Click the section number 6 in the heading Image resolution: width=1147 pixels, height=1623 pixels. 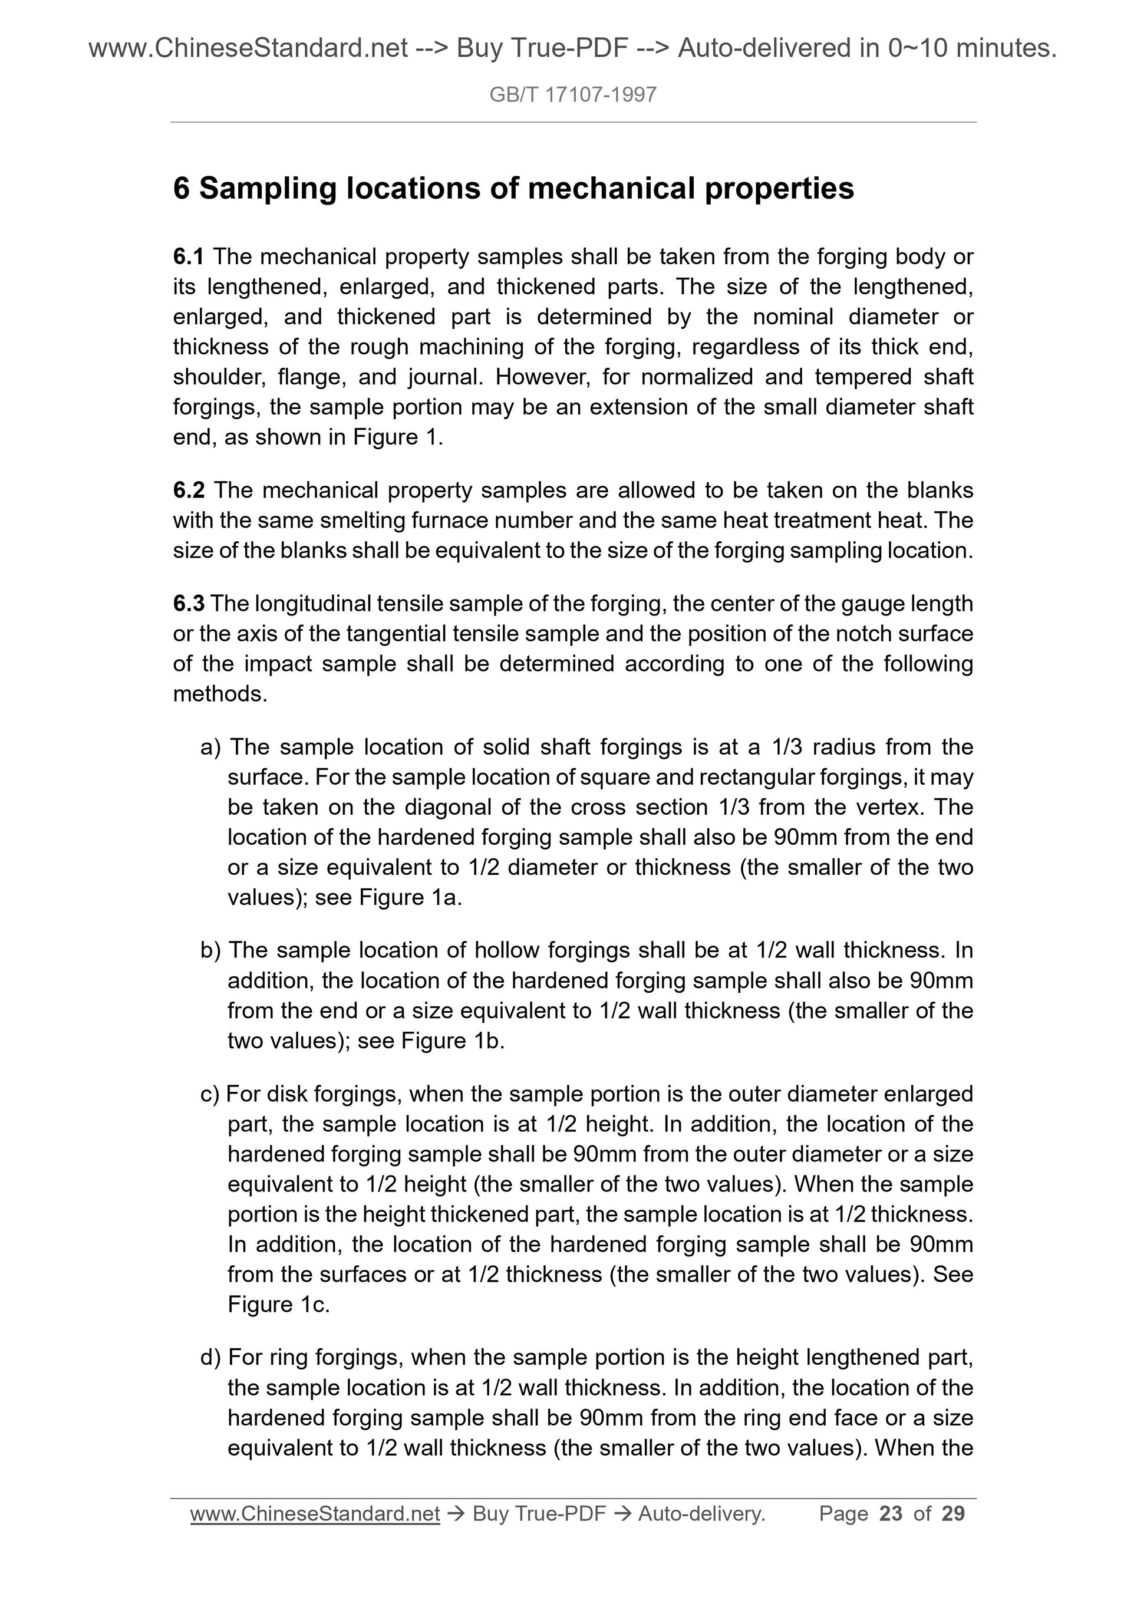click(x=181, y=189)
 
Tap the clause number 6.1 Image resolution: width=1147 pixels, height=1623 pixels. click(x=188, y=256)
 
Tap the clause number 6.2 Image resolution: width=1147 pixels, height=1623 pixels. click(x=188, y=490)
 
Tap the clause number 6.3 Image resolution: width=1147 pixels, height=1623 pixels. click(x=188, y=604)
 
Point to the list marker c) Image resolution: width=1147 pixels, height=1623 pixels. click(x=210, y=1094)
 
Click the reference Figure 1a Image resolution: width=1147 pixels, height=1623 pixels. click(x=410, y=898)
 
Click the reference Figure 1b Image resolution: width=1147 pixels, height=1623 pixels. click(x=452, y=1041)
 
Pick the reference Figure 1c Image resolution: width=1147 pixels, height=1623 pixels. click(x=278, y=1305)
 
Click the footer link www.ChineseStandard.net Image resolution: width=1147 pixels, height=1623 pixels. click(x=315, y=1513)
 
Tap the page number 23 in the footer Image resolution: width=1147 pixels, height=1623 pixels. click(x=891, y=1513)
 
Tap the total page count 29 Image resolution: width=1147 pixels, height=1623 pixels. click(x=953, y=1513)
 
